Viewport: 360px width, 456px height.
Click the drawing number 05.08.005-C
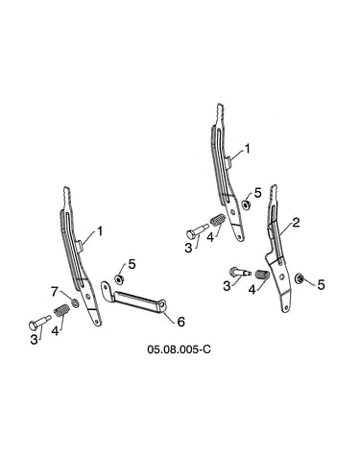click(179, 349)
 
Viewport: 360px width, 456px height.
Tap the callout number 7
click(56, 292)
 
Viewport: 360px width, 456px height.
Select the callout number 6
click(181, 322)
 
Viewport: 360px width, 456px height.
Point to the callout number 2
click(296, 223)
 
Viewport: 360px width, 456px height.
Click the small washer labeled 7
click(75, 302)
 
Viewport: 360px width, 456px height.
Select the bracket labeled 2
click(278, 249)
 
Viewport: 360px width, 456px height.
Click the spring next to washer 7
click(61, 311)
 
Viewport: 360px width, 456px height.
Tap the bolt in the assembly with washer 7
click(39, 323)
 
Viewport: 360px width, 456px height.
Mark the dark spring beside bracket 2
click(262, 275)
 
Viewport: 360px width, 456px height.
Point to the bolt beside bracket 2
click(239, 273)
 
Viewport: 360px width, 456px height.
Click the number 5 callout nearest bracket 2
click(321, 284)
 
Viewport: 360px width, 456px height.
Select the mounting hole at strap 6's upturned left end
click(106, 287)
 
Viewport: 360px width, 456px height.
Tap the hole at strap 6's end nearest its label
click(163, 305)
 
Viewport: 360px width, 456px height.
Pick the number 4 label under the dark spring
click(252, 290)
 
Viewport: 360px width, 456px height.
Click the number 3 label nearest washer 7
click(34, 340)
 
